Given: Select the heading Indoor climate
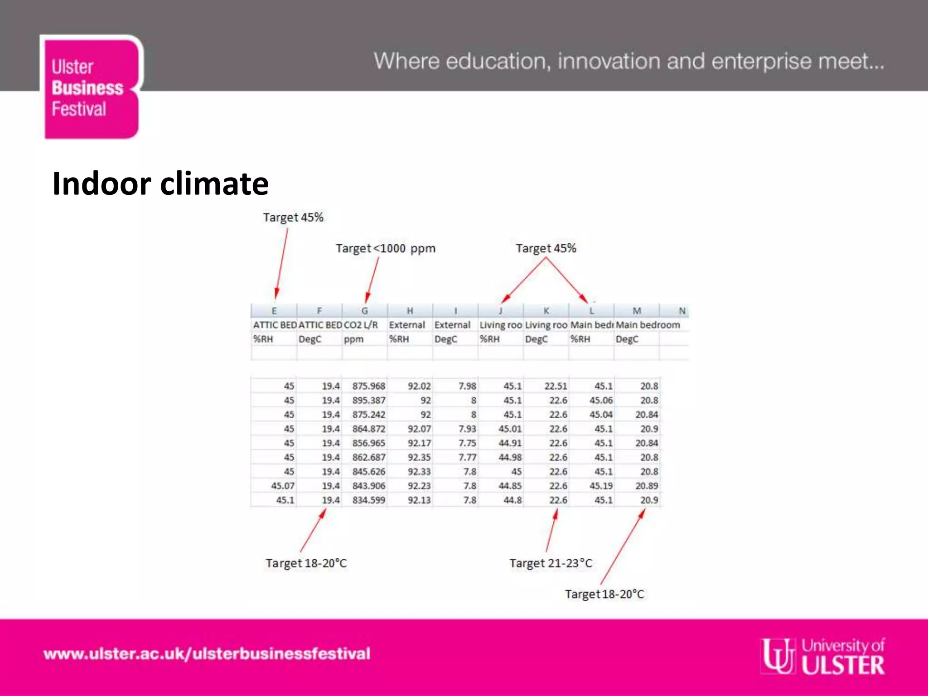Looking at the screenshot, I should pyautogui.click(x=160, y=184).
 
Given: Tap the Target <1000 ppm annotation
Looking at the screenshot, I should pyautogui.click(x=385, y=248).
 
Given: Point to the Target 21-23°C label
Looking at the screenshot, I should pyautogui.click(x=551, y=563).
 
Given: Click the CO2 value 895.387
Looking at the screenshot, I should pyautogui.click(x=369, y=401).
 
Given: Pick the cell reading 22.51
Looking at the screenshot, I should pyautogui.click(x=556, y=386).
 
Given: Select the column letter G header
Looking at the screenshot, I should pyautogui.click(x=365, y=311).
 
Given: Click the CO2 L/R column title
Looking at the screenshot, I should pyautogui.click(x=361, y=325).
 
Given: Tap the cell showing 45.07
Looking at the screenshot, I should pyautogui.click(x=283, y=486).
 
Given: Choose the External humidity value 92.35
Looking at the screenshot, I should pyautogui.click(x=419, y=457).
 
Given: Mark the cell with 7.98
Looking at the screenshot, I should pyautogui.click(x=467, y=386).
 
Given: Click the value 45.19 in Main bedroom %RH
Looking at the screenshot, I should pyautogui.click(x=601, y=486).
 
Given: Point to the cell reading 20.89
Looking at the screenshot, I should pyautogui.click(x=647, y=486).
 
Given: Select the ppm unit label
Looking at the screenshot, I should pyautogui.click(x=353, y=339).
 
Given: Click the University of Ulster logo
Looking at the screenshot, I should pyautogui.click(x=823, y=656).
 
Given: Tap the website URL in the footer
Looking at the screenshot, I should pyautogui.click(x=207, y=654).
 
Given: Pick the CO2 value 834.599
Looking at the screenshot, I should pyautogui.click(x=369, y=500).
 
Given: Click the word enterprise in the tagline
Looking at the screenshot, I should pyautogui.click(x=761, y=62).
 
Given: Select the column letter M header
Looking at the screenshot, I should pyautogui.click(x=637, y=311).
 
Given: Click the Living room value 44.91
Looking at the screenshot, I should pyautogui.click(x=510, y=443).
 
